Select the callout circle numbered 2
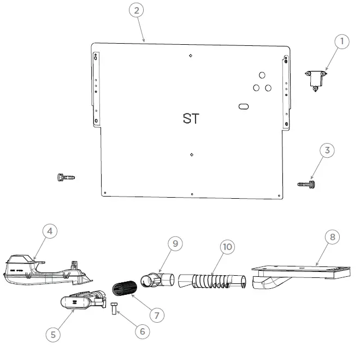(137, 10)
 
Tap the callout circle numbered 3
(327, 151)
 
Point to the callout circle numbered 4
(50, 232)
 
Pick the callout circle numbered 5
(52, 334)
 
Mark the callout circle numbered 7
(157, 315)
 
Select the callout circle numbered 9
(175, 244)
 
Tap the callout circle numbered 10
(227, 247)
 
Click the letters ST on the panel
(191, 118)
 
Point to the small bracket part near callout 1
(316, 79)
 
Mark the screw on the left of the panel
(66, 177)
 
